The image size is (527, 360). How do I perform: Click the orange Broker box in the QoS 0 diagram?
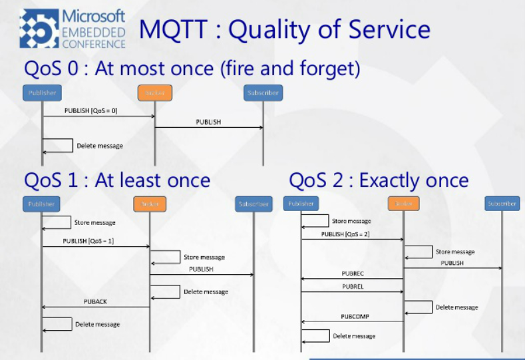click(155, 92)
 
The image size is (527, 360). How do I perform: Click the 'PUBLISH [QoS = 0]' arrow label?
click(91, 110)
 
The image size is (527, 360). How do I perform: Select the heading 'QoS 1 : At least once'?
click(117, 180)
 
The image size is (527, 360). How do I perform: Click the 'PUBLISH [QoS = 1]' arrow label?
click(88, 241)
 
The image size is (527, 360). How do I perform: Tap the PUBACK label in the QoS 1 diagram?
click(95, 301)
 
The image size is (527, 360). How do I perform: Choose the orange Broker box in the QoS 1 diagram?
click(150, 204)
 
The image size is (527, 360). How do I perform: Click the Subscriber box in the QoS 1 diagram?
click(254, 204)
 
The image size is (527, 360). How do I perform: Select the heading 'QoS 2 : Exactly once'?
click(379, 180)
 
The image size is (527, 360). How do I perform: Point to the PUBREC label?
click(352, 273)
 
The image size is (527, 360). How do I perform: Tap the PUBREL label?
click(352, 286)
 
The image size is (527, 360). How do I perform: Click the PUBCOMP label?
click(355, 317)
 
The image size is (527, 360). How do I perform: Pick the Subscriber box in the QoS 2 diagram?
click(501, 204)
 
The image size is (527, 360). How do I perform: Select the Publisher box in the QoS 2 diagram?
click(301, 204)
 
